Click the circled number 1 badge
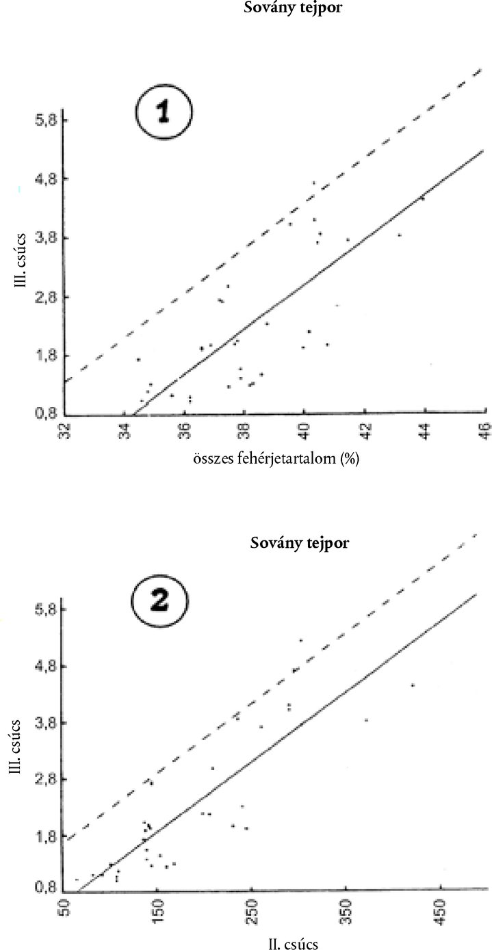coord(164,112)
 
